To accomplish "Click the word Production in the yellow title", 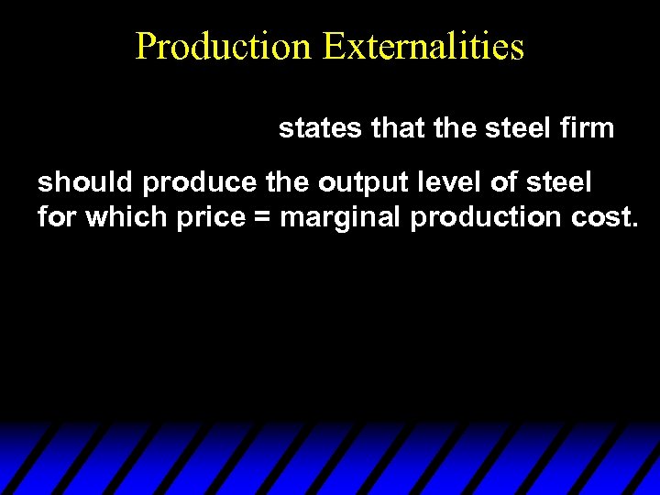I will [x=224, y=46].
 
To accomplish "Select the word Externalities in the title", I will [x=423, y=46].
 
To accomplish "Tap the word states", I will [x=321, y=129].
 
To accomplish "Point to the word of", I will [x=502, y=183].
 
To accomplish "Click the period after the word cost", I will [x=633, y=225].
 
